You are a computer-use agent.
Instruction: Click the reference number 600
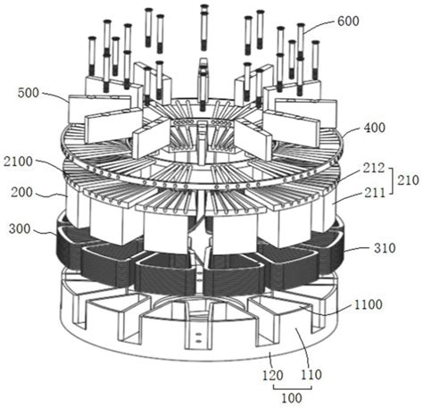click(x=348, y=21)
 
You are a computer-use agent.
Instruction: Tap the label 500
click(x=29, y=93)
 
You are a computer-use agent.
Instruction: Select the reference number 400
click(x=374, y=128)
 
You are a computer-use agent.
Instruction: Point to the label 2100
click(x=18, y=162)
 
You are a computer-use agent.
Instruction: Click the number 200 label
click(x=21, y=192)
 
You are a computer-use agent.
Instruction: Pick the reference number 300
click(x=20, y=229)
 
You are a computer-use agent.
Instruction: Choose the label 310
click(x=385, y=248)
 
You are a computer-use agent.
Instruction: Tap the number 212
click(x=374, y=169)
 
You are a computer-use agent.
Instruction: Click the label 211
click(x=374, y=193)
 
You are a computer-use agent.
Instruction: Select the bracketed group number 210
click(x=409, y=180)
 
